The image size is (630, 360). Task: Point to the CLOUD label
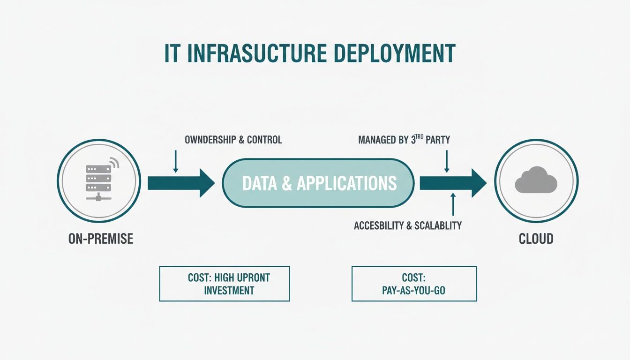pos(536,239)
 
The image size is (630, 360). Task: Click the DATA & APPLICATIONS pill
pos(319,183)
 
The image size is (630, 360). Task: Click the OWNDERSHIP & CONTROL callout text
pos(233,140)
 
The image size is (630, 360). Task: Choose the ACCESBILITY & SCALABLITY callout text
pos(408,225)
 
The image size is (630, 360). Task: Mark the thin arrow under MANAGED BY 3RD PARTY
pos(447,161)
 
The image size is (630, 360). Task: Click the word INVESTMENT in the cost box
pos(229,291)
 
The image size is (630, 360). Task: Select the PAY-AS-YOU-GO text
pos(414,291)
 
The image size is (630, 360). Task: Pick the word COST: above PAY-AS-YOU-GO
pos(414,277)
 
